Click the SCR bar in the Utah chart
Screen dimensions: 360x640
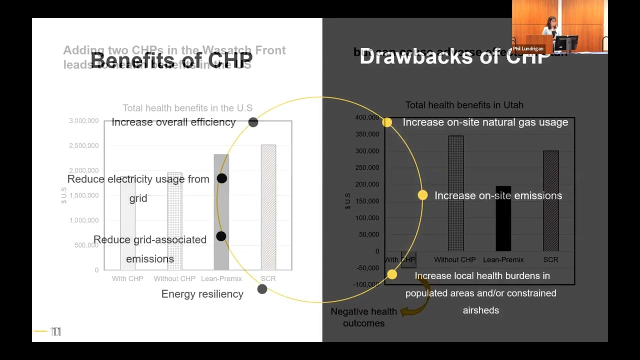click(x=550, y=210)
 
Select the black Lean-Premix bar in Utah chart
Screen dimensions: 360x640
click(x=503, y=225)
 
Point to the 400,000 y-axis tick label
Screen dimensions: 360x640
click(x=367, y=117)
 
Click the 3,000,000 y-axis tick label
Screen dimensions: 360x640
click(x=83, y=121)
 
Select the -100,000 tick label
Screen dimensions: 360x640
click(x=367, y=284)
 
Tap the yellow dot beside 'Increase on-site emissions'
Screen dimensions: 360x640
click(x=422, y=195)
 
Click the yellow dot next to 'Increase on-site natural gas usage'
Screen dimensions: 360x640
click(x=387, y=122)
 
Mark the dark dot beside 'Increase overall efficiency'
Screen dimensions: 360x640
click(x=253, y=122)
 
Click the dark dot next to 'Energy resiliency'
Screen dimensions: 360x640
click(x=262, y=289)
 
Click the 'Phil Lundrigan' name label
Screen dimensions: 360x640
click(x=528, y=48)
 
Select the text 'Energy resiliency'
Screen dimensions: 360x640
click(x=202, y=294)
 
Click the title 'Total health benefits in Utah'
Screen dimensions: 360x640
click(x=464, y=105)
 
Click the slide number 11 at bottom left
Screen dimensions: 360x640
click(x=55, y=331)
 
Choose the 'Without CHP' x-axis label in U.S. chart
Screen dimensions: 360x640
click(x=174, y=278)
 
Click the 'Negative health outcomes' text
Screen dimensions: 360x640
click(x=363, y=317)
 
